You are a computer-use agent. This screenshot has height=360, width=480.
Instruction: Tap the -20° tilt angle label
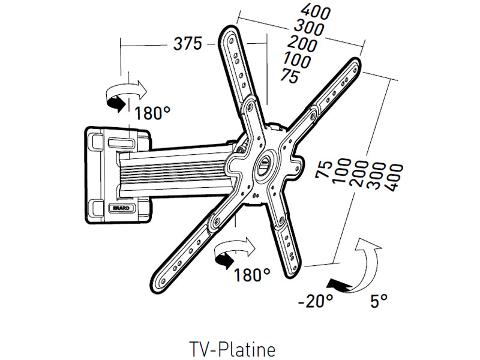pos(316,300)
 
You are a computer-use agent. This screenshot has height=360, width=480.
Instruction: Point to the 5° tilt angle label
pos(379,301)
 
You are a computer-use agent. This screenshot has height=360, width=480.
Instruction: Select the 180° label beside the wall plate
pos(152,113)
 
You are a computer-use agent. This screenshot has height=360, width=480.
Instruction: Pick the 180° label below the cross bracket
pos(252,275)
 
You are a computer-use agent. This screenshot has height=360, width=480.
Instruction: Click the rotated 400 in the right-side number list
pos(394,178)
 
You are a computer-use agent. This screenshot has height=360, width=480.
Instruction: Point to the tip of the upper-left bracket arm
pos(230,31)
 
